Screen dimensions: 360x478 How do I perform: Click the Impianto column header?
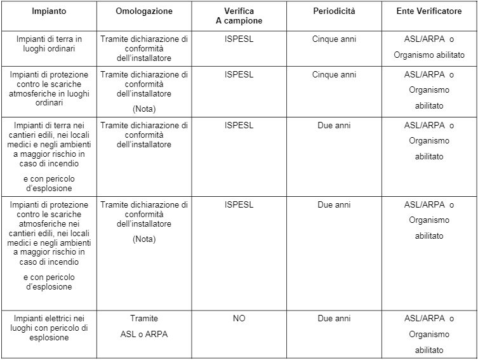(x=50, y=11)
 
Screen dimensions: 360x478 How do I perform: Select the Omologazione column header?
(x=144, y=11)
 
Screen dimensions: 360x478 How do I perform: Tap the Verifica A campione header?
(x=239, y=16)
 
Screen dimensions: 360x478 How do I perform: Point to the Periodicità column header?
(x=334, y=11)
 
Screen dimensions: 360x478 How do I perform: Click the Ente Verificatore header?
(x=429, y=11)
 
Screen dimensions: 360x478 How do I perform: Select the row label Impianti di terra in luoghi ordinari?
(x=50, y=44)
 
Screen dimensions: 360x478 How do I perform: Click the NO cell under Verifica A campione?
(x=239, y=318)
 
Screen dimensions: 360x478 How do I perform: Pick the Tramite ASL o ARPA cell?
(x=144, y=326)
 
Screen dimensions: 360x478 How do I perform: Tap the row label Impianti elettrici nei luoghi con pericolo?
(x=50, y=328)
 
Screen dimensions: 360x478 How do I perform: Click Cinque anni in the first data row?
(x=334, y=39)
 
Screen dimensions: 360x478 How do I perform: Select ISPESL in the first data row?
(x=239, y=39)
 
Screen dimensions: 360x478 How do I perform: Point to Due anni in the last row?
(x=334, y=318)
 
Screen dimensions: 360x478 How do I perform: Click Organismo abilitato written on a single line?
(x=429, y=55)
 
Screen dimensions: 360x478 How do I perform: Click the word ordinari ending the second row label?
(x=50, y=103)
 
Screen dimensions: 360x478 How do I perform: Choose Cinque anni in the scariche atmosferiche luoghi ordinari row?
(x=334, y=74)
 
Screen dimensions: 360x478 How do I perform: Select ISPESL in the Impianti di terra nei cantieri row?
(x=239, y=125)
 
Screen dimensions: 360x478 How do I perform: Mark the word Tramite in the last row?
(x=144, y=318)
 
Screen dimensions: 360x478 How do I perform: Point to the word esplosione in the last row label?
(x=50, y=338)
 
